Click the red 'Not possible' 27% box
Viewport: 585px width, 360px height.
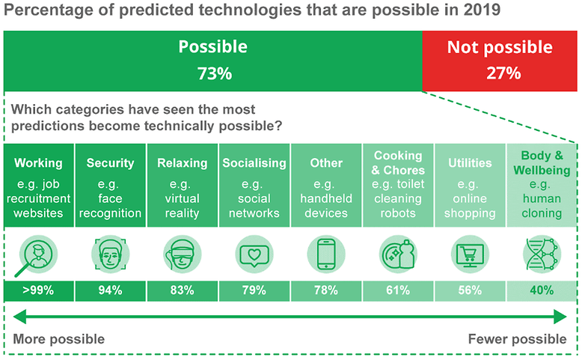tap(500, 61)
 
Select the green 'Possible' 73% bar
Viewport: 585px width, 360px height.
tap(212, 61)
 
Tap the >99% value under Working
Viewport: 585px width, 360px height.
tap(38, 291)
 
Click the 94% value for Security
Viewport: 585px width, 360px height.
tap(110, 291)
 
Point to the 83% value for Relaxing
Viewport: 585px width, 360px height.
tap(182, 291)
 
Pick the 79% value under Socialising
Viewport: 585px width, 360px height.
tap(254, 291)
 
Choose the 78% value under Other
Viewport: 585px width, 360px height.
tap(325, 291)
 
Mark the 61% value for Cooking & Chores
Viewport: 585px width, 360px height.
tap(397, 291)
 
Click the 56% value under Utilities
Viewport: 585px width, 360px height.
tap(469, 291)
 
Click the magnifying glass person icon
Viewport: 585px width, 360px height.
tap(37, 253)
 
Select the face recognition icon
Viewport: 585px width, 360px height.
tap(110, 253)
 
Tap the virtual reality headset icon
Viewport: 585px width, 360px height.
tap(182, 253)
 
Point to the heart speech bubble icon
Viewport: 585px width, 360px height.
tap(254, 253)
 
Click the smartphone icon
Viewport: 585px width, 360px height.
tap(325, 253)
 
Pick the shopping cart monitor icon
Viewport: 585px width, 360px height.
tap(469, 253)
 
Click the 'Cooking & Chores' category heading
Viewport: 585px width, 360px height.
tap(397, 162)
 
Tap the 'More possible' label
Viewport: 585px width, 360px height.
tap(59, 339)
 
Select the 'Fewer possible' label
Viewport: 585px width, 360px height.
tap(517, 339)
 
